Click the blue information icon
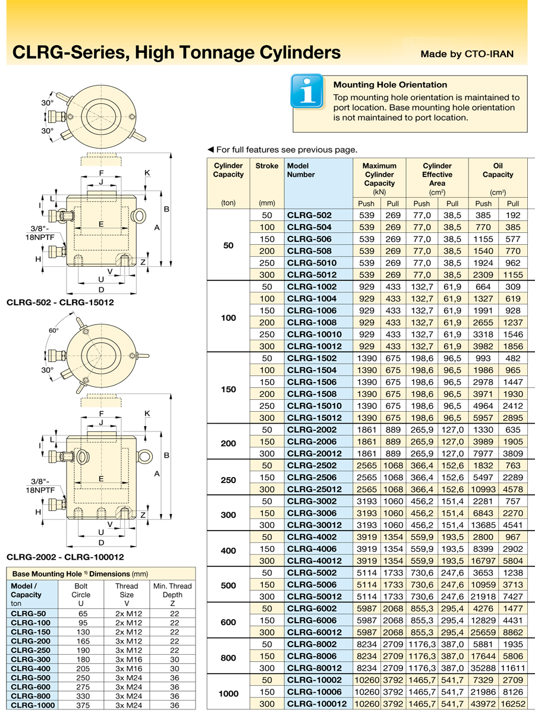coord(307,91)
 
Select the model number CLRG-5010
coord(311,263)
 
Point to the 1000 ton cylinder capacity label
coord(228,693)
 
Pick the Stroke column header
coord(266,166)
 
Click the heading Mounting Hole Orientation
coord(390,84)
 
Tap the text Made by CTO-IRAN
coord(467,54)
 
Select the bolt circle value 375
coord(81,705)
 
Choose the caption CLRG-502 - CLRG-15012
coord(60,302)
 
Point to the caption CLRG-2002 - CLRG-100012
coord(65,557)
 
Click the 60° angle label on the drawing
coord(54,330)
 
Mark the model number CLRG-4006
coord(311,549)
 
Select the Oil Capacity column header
coord(498,170)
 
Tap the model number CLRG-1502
coord(311,358)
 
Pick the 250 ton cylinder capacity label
coord(228,479)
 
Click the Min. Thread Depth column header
coord(172,590)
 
